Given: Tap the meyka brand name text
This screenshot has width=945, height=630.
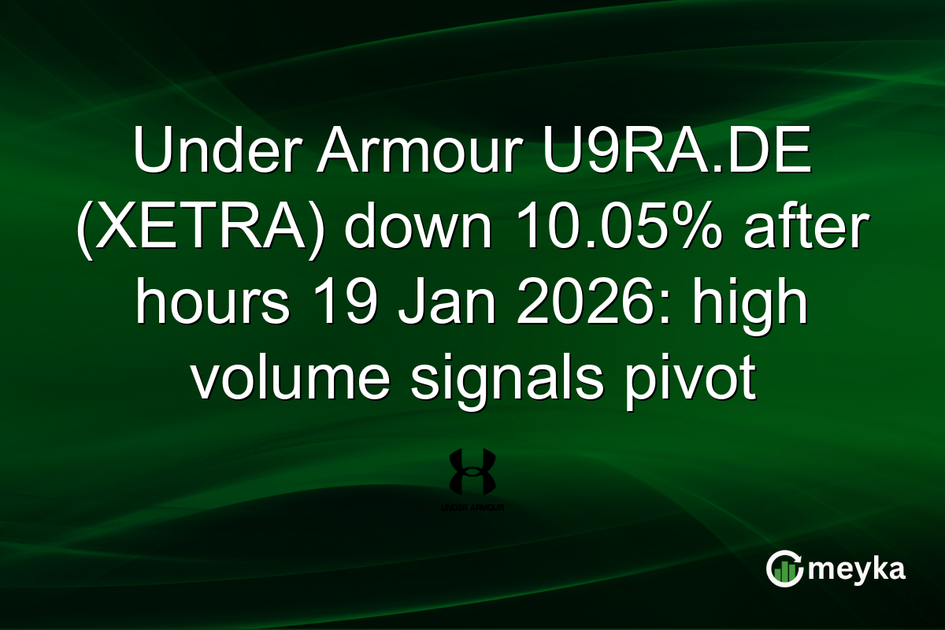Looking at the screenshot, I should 857,569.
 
